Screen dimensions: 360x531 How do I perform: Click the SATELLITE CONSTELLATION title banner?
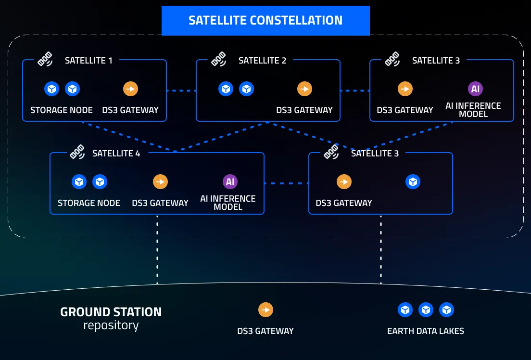pos(265,20)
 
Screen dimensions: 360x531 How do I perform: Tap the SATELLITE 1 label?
pos(88,61)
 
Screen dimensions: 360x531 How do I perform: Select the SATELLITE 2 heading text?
pos(262,61)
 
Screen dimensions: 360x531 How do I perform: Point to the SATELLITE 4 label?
pos(116,154)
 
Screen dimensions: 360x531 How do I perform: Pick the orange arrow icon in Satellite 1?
pos(130,89)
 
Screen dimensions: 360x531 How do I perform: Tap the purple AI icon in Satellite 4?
pos(230,181)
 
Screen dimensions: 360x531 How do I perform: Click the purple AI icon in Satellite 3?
pos(475,89)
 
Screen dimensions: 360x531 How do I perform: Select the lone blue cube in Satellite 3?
pos(413,181)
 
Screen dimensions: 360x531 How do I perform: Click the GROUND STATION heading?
pos(111,312)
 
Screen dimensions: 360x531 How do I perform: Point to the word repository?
pos(111,326)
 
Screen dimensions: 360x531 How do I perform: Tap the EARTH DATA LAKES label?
pos(425,331)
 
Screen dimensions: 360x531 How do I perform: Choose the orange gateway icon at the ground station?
pos(265,309)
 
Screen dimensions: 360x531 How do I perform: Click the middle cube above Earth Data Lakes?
pos(426,309)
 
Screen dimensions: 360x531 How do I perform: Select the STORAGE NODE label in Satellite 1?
pos(62,110)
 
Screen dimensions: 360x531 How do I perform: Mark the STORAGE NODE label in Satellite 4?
pos(89,203)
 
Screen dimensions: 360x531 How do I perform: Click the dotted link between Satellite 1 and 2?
pos(181,90)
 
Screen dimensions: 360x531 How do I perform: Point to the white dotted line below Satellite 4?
pos(157,250)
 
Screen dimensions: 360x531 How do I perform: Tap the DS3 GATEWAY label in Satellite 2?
pos(304,110)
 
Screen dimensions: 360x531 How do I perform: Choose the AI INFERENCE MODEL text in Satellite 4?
pos(228,203)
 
